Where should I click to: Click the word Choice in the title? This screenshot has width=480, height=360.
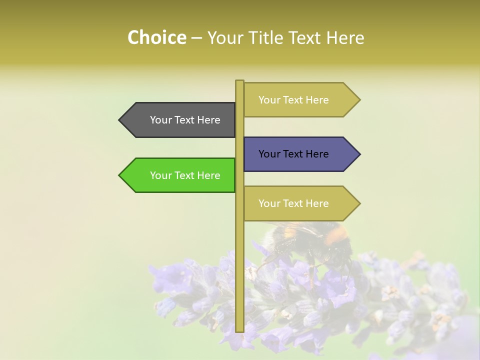coord(156,38)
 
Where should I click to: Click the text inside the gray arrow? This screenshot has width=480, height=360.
coord(185,120)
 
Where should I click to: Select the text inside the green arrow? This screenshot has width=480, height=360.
coord(185,175)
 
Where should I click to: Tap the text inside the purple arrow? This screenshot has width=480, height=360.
coord(293,154)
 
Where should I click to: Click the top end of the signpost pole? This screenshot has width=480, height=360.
coord(239,81)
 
